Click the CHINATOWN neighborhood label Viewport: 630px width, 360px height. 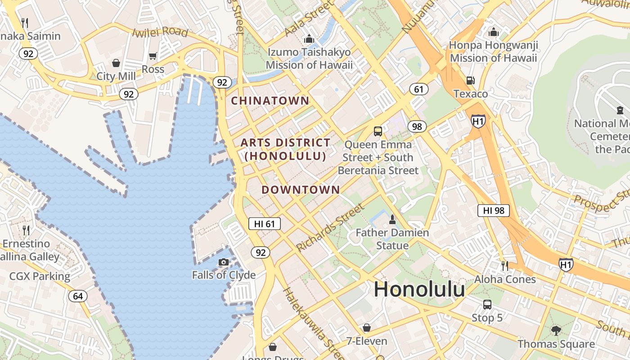[x=270, y=101]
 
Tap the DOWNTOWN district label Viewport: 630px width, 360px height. [x=301, y=189]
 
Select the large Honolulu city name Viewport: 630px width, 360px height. [x=419, y=289]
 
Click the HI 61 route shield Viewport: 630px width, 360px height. [x=265, y=224]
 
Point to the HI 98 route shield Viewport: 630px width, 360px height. [x=493, y=210]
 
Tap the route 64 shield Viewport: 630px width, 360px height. [x=78, y=296]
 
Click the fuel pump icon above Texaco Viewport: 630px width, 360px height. [x=470, y=80]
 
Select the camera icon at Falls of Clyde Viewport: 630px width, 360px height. [x=224, y=262]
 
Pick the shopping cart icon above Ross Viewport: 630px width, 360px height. [x=153, y=56]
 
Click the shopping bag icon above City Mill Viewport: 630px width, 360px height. [x=116, y=63]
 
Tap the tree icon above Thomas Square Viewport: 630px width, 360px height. [x=556, y=330]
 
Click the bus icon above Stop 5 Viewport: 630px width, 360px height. [x=487, y=305]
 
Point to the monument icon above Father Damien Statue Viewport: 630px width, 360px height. [x=392, y=220]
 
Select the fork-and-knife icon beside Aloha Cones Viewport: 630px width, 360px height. [x=504, y=266]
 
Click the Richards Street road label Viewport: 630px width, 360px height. [x=330, y=227]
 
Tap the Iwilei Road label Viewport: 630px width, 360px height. [x=160, y=32]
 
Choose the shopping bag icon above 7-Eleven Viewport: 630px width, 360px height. [x=367, y=328]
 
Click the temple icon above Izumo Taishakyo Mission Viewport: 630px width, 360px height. [x=309, y=39]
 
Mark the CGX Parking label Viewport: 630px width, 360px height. [x=40, y=276]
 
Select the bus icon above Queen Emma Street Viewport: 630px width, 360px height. [x=378, y=131]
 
